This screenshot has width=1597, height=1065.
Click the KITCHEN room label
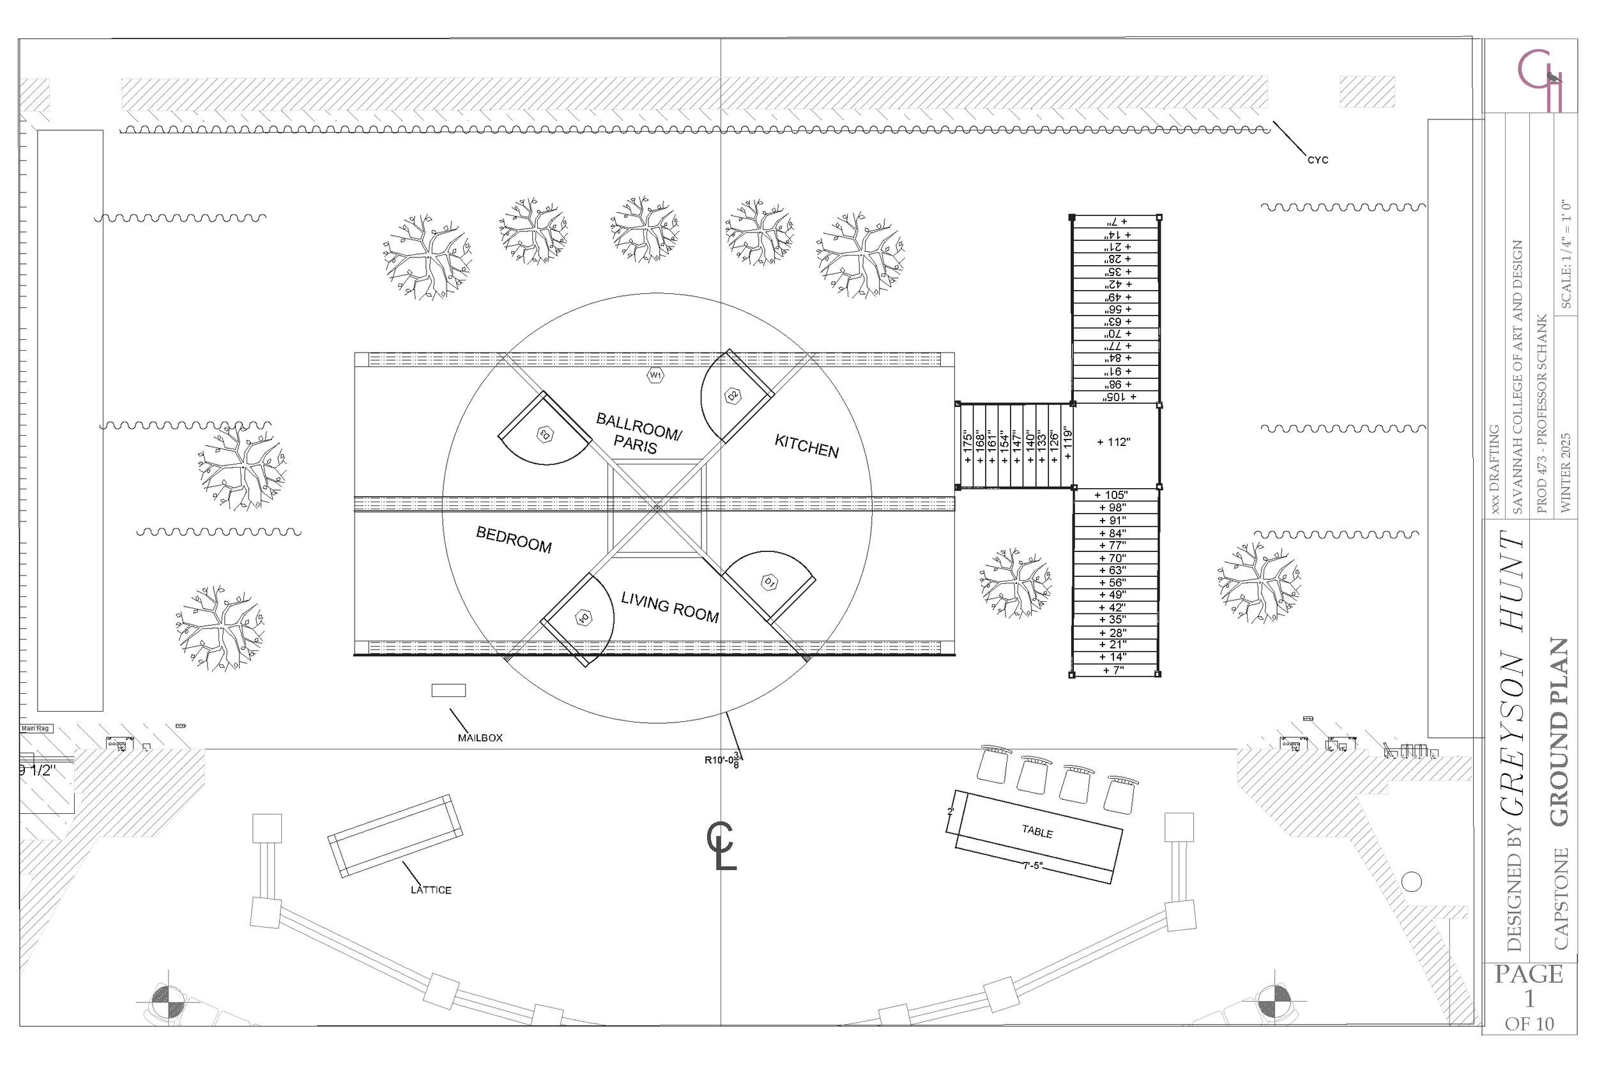pos(807,446)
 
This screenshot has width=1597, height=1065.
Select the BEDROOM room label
pos(514,539)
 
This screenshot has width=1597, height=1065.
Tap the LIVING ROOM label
pos(669,606)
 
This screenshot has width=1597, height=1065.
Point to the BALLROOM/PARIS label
pos(638,433)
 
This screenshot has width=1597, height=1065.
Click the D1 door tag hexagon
pos(769,582)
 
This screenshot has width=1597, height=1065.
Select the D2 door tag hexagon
pos(733,396)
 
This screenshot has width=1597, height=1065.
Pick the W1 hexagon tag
pos(655,375)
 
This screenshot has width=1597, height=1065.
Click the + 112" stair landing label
pos(1113,442)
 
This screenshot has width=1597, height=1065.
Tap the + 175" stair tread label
pos(967,446)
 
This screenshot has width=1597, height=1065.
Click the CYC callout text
pos(1317,160)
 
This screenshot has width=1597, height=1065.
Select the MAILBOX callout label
pos(480,738)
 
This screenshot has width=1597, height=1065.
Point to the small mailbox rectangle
pos(449,690)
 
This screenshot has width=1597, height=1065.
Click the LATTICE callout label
pos(431,890)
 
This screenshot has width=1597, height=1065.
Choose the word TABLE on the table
pos(1037,831)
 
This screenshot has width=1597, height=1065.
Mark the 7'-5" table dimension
pos(1032,866)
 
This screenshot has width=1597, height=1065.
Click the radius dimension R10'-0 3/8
pos(722,761)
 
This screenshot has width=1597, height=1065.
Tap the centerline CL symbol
pos(721,846)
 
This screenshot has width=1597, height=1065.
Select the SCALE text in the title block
pos(1566,254)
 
